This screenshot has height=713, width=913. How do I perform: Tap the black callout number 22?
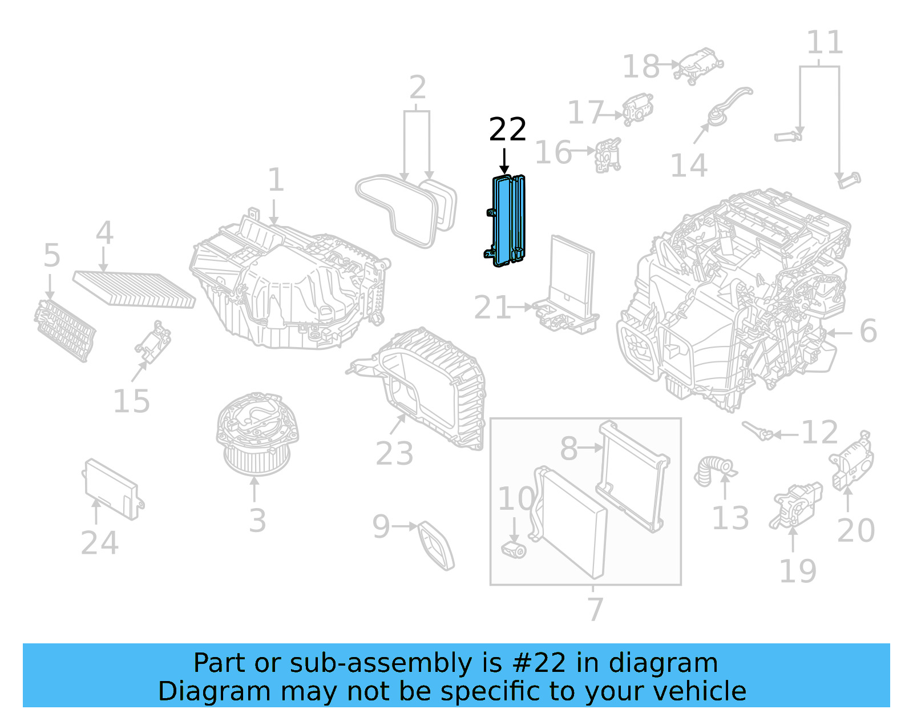[x=507, y=130]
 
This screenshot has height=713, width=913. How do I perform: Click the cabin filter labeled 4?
[x=134, y=289]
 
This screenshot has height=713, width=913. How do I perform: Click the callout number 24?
[x=99, y=543]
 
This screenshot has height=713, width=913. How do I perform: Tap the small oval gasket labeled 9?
[x=437, y=545]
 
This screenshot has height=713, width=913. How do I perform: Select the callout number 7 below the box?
[x=595, y=609]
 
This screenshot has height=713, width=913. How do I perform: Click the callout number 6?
[x=867, y=331]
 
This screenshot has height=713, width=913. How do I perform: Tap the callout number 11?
[x=824, y=42]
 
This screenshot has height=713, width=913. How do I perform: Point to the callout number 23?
[x=394, y=454]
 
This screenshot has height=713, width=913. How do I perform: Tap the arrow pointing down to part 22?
[x=504, y=161]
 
